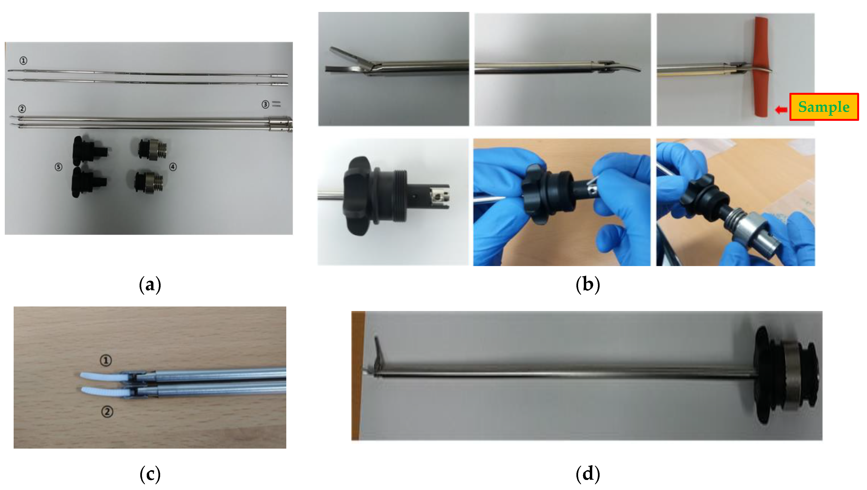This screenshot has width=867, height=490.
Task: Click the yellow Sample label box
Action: click(x=824, y=107)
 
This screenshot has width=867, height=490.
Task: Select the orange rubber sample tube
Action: click(x=762, y=67)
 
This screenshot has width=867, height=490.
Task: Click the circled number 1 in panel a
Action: click(x=23, y=61)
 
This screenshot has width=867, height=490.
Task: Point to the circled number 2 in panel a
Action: click(x=22, y=109)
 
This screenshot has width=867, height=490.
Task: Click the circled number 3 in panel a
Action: click(x=265, y=104)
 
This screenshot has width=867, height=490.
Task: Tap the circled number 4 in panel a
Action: click(x=173, y=167)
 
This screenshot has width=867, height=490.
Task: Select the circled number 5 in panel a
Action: click(x=59, y=167)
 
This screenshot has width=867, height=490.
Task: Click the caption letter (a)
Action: click(x=150, y=285)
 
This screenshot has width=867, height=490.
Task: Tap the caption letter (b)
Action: click(x=588, y=285)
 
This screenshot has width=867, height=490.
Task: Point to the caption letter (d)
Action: click(x=588, y=474)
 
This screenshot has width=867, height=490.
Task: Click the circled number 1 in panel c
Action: click(x=106, y=360)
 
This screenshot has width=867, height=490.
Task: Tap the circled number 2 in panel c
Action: click(x=107, y=411)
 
